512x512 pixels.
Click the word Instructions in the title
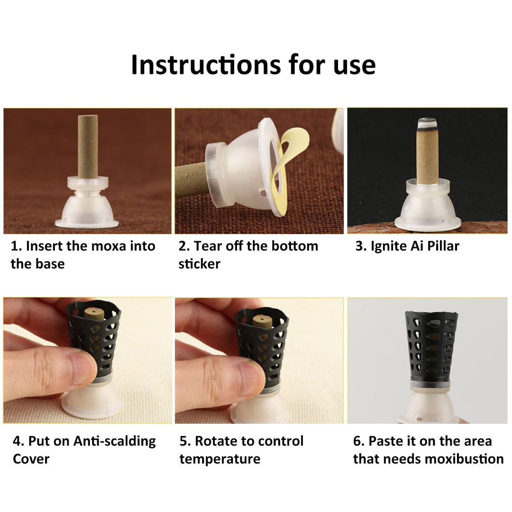206,64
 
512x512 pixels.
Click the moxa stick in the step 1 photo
88,146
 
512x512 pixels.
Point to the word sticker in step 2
199,264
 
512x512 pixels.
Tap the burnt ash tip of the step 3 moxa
428,123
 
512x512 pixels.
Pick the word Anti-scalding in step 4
115,441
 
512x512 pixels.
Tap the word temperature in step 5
220,459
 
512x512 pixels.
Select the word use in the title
355,66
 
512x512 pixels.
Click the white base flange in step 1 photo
87,223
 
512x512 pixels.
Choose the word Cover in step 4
31,459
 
